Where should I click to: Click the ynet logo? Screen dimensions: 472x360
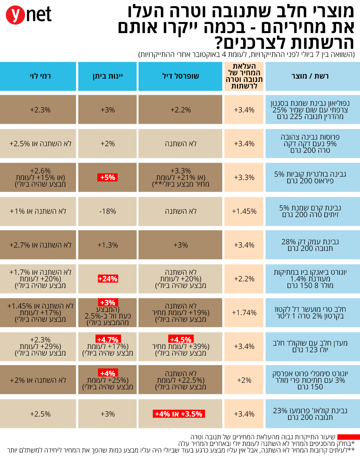(x=29, y=15)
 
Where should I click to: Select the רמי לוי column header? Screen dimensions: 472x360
(x=40, y=76)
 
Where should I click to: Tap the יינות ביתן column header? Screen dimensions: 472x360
(x=108, y=76)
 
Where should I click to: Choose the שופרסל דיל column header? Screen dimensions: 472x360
(x=180, y=76)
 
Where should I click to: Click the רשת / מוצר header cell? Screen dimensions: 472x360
(x=310, y=76)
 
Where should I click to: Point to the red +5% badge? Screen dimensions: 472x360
(x=108, y=177)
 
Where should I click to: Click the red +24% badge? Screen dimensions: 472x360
(x=108, y=279)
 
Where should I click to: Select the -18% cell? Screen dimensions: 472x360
(x=108, y=211)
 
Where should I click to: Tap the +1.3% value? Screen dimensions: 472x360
(x=108, y=245)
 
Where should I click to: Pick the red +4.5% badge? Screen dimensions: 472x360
(x=180, y=339)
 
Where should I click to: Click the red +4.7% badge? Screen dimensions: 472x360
(x=108, y=339)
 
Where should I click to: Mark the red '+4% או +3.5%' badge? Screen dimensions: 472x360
(x=179, y=414)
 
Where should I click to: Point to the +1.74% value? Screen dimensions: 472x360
(x=244, y=313)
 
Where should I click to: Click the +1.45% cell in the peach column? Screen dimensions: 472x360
(x=244, y=211)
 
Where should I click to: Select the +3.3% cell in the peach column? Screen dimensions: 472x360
(x=244, y=177)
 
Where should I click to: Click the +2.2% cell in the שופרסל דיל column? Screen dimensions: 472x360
(x=180, y=110)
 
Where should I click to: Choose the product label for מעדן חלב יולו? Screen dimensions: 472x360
(x=310, y=346)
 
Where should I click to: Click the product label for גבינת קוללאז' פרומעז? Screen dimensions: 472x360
(x=310, y=414)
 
